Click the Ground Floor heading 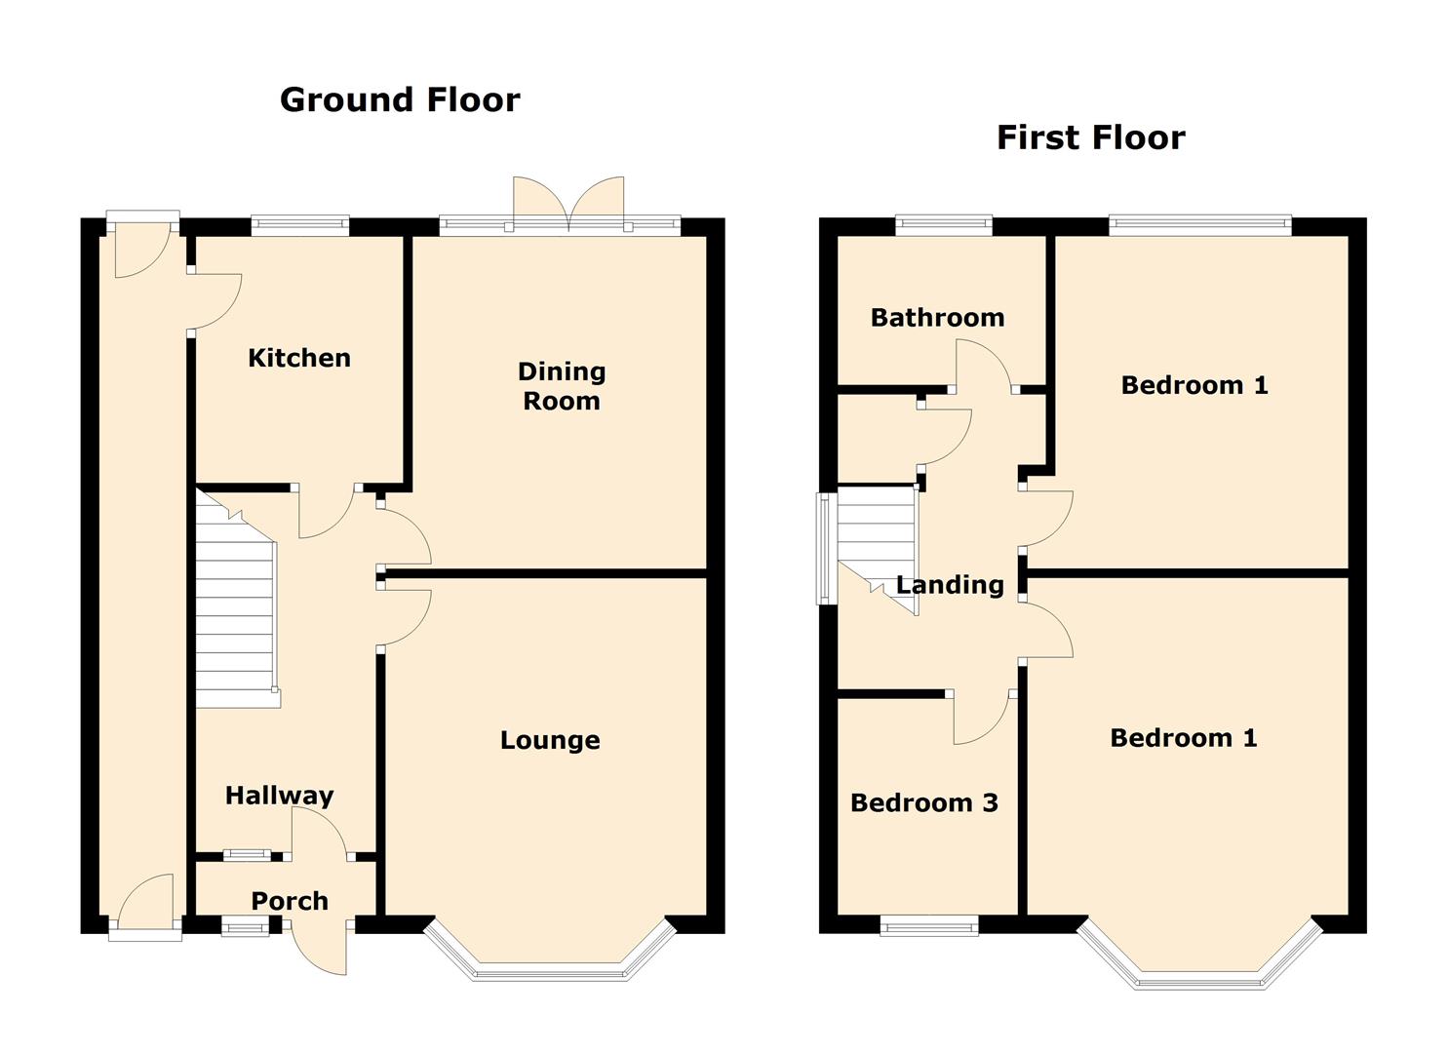(x=400, y=100)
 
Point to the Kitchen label (x=299, y=358)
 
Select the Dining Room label (x=562, y=386)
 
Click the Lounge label (x=550, y=740)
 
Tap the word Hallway (x=279, y=796)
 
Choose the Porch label (x=290, y=901)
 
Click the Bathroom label (x=937, y=318)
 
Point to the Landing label (x=950, y=585)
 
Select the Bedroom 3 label (x=924, y=802)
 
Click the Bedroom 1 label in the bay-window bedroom (x=1184, y=738)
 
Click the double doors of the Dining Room (x=568, y=204)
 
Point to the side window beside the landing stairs (x=825, y=549)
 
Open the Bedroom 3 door (x=982, y=718)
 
